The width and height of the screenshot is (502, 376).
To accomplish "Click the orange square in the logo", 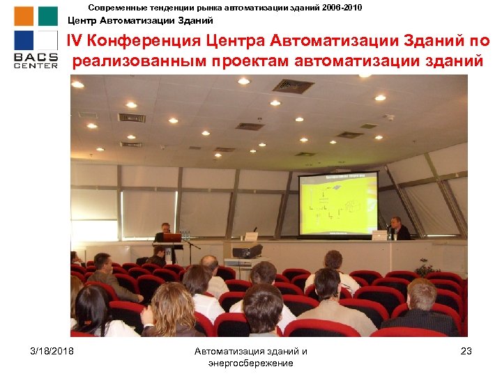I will click(24, 16).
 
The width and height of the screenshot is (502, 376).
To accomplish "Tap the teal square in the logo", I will click(48, 16).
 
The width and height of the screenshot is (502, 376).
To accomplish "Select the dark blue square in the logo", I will click(24, 40).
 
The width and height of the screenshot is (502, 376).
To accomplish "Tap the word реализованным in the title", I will click(139, 61).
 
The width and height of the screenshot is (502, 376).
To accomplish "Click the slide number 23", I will click(466, 351).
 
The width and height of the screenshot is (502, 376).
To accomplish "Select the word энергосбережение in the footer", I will click(250, 363).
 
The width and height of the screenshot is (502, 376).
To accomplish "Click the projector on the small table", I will click(246, 251).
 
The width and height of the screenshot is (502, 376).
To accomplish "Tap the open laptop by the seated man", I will click(379, 235).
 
